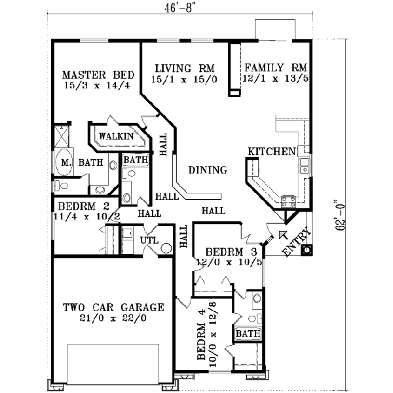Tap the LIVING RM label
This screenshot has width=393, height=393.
tap(183, 68)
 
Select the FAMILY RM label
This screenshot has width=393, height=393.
tap(275, 67)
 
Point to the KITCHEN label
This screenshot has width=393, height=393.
tap(271, 152)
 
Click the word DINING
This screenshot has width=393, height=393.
tap(208, 170)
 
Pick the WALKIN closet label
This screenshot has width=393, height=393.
tap(116, 137)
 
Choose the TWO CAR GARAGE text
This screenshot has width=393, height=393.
tap(113, 307)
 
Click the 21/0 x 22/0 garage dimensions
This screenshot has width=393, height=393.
tap(113, 319)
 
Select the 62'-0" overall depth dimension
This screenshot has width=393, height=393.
tap(338, 213)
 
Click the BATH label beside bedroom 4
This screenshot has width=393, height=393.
tap(248, 335)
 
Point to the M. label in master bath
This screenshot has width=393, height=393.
tap(66, 162)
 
